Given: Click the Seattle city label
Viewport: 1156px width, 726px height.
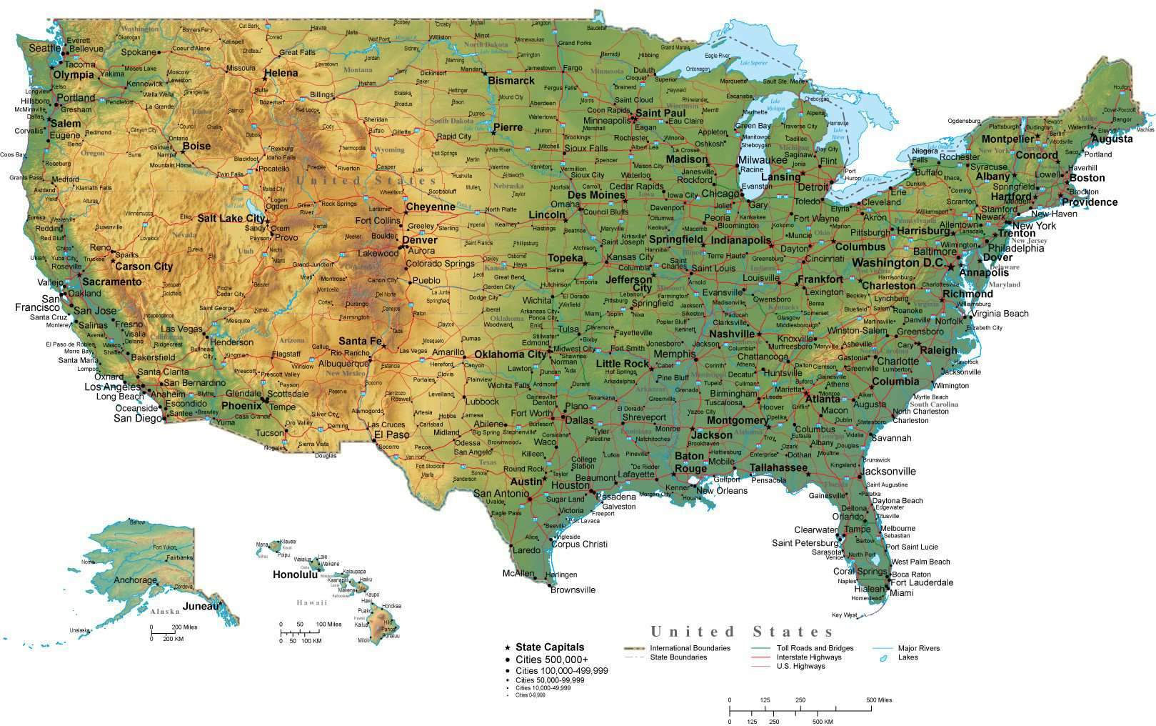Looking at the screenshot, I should (45, 48).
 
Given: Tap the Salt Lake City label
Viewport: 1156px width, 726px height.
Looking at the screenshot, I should (231, 219).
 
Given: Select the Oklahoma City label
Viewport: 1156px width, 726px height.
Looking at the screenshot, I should (510, 354).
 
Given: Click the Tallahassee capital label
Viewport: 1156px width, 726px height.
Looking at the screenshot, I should (778, 467).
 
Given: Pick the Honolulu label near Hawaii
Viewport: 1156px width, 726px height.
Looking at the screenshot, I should (294, 574).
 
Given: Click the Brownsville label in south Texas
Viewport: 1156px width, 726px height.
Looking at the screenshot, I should (573, 590).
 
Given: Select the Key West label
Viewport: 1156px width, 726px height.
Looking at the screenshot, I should (844, 615).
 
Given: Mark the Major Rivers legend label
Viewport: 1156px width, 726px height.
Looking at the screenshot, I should (919, 648).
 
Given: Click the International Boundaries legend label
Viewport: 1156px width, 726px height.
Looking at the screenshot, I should (690, 648).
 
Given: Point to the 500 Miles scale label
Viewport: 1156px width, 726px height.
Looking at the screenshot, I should (879, 700).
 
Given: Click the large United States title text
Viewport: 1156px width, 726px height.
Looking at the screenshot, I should (742, 632).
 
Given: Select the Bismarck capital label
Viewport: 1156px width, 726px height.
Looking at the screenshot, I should (511, 81).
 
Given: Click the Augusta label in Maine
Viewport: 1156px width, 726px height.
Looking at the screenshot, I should (1112, 139).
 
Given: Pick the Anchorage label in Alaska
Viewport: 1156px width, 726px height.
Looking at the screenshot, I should (135, 580).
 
